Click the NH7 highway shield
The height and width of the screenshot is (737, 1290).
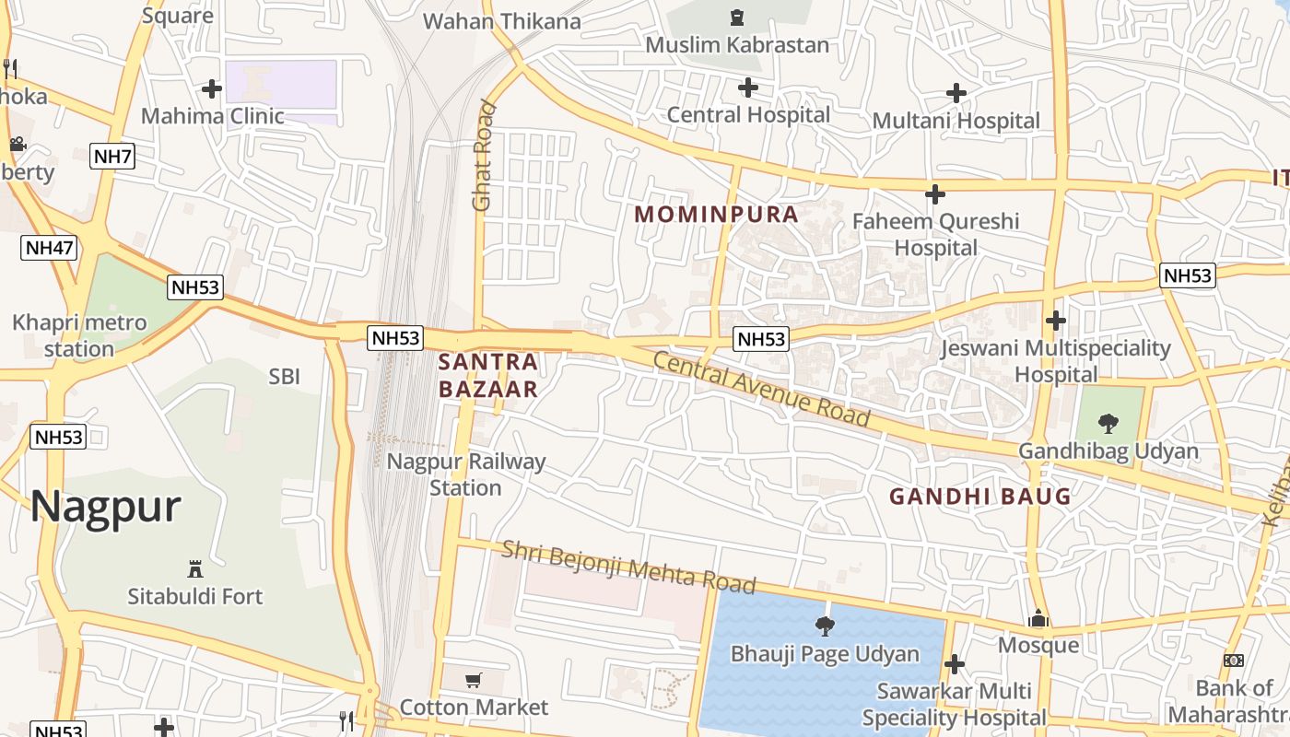(113, 156)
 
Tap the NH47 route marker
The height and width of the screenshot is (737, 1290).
(49, 247)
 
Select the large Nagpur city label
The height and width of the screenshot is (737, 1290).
(105, 508)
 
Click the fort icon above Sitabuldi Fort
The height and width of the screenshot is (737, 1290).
(194, 567)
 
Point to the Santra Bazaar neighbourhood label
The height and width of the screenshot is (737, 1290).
(487, 375)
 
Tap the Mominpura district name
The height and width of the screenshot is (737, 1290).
(716, 215)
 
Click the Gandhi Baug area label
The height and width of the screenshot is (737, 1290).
(980, 497)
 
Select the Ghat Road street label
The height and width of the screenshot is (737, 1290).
(484, 155)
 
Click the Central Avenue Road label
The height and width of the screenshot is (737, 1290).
(761, 388)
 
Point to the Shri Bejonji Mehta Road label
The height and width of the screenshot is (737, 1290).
(628, 567)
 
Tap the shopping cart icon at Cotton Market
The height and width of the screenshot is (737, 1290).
(474, 680)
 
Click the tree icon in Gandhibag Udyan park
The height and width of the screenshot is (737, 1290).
(1108, 423)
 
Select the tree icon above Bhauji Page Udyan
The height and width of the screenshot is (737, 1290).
(825, 626)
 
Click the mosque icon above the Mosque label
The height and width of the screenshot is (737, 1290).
(1038, 618)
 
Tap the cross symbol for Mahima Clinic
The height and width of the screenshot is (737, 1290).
(212, 88)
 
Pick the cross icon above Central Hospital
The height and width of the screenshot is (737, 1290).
(748, 88)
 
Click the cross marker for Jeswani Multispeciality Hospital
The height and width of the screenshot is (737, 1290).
(1056, 321)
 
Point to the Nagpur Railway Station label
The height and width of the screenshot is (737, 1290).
(466, 474)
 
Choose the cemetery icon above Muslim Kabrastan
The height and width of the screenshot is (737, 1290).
(736, 17)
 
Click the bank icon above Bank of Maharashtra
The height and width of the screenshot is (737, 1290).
(1234, 660)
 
